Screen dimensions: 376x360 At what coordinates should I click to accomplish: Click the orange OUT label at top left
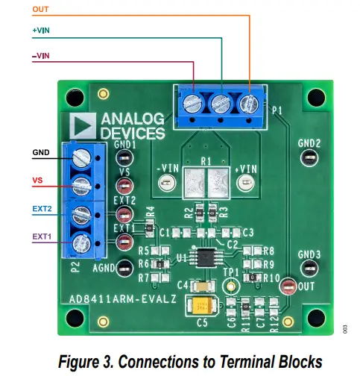[x=42, y=10]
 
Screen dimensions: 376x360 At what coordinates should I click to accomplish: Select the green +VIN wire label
[x=42, y=31]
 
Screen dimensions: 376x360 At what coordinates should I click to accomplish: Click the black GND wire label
[x=42, y=153]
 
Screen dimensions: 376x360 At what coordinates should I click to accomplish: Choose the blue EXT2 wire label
[x=42, y=210]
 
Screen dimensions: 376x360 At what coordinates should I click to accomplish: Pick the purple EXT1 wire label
[x=42, y=236]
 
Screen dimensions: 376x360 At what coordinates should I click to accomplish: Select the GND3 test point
[x=309, y=268]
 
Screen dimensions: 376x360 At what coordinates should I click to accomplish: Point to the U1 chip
[x=202, y=257]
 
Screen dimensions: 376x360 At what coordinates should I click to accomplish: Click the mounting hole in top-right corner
[x=316, y=97]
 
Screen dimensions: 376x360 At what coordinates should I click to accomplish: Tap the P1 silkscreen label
[x=277, y=111]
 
